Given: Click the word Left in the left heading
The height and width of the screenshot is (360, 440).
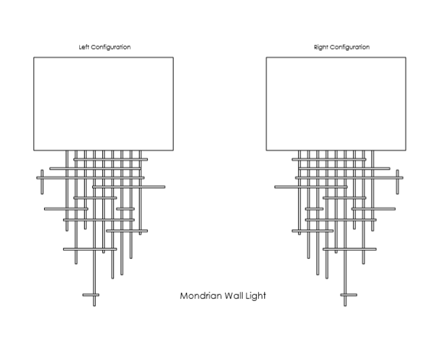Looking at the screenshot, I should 85,47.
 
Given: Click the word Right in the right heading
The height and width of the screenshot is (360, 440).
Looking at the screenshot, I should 321,47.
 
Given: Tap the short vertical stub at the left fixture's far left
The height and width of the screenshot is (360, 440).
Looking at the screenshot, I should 42,182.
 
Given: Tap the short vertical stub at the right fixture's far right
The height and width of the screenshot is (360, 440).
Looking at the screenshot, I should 397,182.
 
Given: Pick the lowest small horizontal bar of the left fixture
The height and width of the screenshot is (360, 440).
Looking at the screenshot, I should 91,295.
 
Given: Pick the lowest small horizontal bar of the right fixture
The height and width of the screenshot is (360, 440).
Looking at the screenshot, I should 348,295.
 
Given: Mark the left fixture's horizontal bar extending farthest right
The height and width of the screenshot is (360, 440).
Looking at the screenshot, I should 129,186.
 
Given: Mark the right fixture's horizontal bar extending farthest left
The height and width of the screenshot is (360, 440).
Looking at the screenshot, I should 311,186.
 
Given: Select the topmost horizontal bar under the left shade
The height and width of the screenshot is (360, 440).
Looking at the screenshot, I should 110,160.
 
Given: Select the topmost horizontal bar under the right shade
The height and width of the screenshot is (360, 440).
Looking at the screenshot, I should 329,160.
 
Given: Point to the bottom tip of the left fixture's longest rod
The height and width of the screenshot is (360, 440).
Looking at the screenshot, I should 94,305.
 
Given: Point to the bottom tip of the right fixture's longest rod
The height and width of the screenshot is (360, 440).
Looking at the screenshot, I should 345,305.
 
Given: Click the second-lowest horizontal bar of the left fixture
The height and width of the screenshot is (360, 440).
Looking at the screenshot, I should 89,249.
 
